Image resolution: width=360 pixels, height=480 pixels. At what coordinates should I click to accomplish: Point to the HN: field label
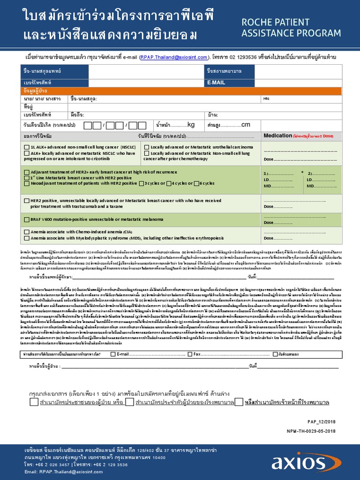point(267,99)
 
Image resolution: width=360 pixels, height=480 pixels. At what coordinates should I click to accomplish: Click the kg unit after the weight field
point(191,125)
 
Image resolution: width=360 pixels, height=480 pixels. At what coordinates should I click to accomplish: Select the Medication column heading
point(277,136)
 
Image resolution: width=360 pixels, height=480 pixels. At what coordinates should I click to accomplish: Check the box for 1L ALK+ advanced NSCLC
point(27,147)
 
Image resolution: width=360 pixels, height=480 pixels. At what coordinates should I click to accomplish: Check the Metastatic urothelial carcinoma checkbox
point(147,147)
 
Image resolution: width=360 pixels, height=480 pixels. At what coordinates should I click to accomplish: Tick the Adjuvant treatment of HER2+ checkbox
point(27,172)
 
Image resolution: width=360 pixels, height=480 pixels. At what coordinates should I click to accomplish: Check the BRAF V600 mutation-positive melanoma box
point(27,219)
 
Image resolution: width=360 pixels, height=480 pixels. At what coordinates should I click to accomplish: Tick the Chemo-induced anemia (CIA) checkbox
point(27,232)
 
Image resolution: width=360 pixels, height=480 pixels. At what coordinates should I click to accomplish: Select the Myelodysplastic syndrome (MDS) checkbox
point(27,238)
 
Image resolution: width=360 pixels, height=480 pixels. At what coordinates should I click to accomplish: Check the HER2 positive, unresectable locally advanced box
point(27,201)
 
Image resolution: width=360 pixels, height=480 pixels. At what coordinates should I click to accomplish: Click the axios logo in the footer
point(311,461)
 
